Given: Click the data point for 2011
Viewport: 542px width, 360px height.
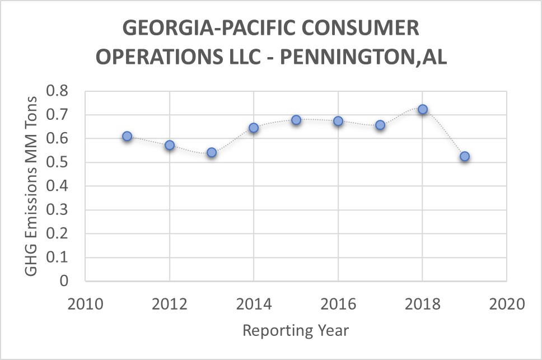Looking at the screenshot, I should pyautogui.click(x=127, y=136).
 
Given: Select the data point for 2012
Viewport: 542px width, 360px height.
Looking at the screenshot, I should pyautogui.click(x=170, y=146).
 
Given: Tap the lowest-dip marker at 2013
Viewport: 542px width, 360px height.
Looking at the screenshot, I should pyautogui.click(x=212, y=152).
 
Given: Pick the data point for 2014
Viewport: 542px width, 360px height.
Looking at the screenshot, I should pyautogui.click(x=254, y=128).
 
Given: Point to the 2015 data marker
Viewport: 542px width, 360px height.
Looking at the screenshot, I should pyautogui.click(x=296, y=120).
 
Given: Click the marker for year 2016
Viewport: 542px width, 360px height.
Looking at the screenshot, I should pyautogui.click(x=338, y=121).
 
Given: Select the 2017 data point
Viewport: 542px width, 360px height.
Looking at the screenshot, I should pyautogui.click(x=380, y=125).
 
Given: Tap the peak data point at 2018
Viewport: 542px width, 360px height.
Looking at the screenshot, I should pyautogui.click(x=423, y=109).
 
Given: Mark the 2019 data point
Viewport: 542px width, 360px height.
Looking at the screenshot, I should pyautogui.click(x=465, y=156).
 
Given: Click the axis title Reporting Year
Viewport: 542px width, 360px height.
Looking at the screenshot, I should pyautogui.click(x=296, y=330).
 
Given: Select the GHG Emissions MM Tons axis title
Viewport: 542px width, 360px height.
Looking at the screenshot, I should pyautogui.click(x=32, y=186).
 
